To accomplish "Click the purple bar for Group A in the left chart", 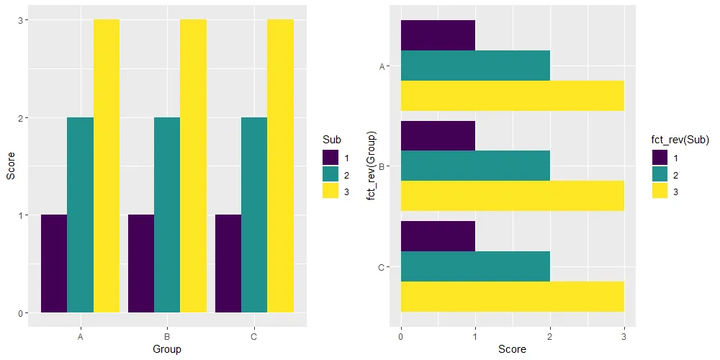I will pyautogui.click(x=54, y=264).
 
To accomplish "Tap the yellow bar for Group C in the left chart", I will pyautogui.click(x=280, y=166).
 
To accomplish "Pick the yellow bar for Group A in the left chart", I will pyautogui.click(x=107, y=166).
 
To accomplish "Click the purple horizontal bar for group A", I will pyautogui.click(x=438, y=35).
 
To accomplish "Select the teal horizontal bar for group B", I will pyautogui.click(x=475, y=166).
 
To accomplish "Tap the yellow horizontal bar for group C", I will pyautogui.click(x=512, y=297).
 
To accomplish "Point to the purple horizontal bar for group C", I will pyautogui.click(x=438, y=236).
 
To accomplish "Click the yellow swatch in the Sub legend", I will pyautogui.click(x=330, y=191).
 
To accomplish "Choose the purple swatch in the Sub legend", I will pyautogui.click(x=330, y=156).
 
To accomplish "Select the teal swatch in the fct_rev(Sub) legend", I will pyautogui.click(x=660, y=174).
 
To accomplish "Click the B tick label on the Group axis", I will pyautogui.click(x=167, y=336).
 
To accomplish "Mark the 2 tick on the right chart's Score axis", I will pyautogui.click(x=549, y=336).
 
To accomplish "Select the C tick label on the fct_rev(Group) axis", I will pyautogui.click(x=381, y=268).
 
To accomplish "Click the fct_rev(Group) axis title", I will pyautogui.click(x=372, y=166).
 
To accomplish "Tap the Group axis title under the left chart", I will pyautogui.click(x=167, y=349).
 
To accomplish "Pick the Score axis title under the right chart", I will pyautogui.click(x=512, y=349).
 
